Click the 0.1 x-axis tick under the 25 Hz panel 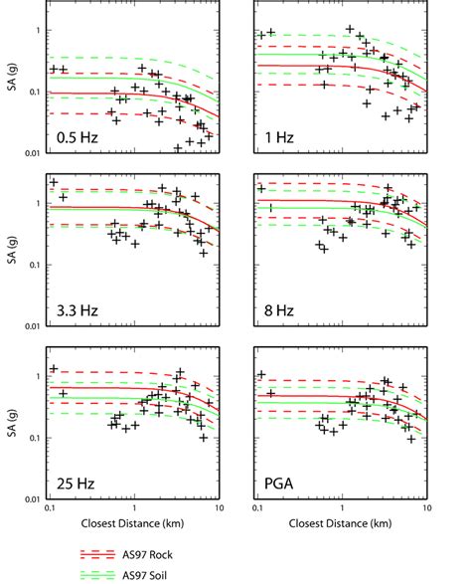click(x=50, y=508)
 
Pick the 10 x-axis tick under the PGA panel click(x=426, y=508)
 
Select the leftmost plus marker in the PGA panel click(x=261, y=375)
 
